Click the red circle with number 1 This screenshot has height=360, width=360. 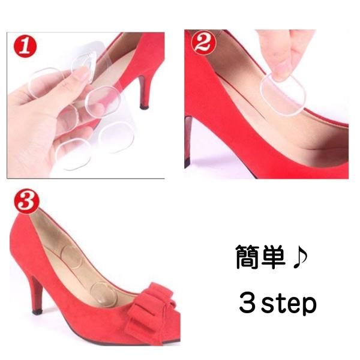[25, 47]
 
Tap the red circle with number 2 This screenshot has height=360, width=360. [203, 43]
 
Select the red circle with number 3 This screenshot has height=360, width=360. [26, 201]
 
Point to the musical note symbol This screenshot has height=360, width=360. [300, 258]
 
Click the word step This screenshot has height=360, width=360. [289, 304]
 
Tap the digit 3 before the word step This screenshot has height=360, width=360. [248, 302]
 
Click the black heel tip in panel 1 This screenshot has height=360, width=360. [144, 107]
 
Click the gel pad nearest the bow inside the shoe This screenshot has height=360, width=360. [104, 293]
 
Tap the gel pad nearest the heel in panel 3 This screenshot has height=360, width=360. [71, 257]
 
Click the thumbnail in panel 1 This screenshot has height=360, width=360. [82, 74]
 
